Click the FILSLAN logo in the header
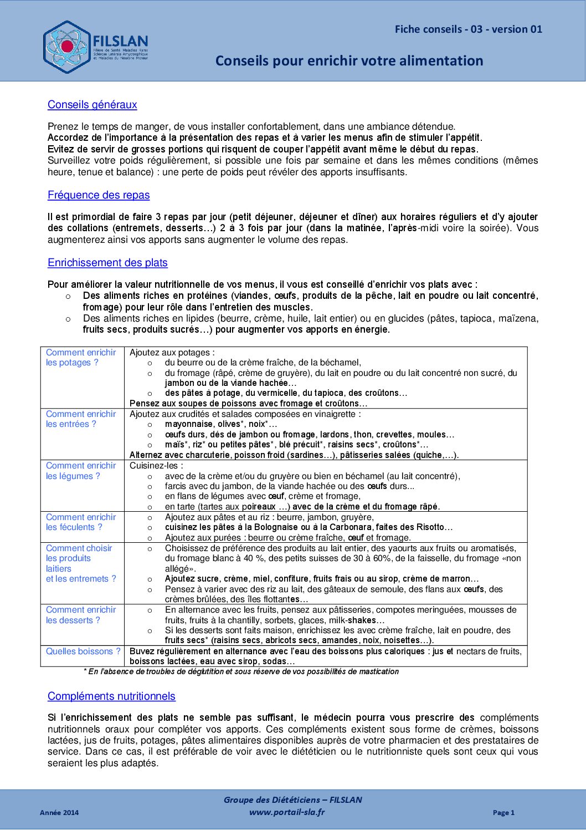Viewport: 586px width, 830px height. point(95,47)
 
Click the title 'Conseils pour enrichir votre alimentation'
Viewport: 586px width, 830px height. point(349,60)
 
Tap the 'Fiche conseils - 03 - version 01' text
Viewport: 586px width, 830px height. point(468,29)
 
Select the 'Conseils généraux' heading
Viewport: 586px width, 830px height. point(92,105)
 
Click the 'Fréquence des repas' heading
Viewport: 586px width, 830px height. point(99,195)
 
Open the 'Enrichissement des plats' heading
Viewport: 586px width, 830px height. point(107,263)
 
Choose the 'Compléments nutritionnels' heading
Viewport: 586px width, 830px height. point(111,696)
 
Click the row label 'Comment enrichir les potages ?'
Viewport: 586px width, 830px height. point(81,358)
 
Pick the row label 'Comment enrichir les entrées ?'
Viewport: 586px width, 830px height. point(81,419)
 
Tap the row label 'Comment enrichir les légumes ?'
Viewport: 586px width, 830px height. point(81,471)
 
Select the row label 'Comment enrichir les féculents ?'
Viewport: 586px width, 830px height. point(81,522)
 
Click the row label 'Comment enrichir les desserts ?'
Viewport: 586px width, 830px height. point(81,615)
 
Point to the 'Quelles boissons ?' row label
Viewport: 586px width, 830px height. point(83,651)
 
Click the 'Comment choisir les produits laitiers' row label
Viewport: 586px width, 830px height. point(81,563)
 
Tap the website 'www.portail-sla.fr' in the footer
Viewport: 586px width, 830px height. point(287,812)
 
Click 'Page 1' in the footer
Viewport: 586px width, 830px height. point(503,813)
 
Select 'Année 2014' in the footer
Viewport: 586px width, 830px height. point(59,813)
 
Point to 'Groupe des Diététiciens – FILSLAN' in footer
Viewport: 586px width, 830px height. point(292,800)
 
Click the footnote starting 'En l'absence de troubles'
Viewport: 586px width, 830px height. point(241,671)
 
